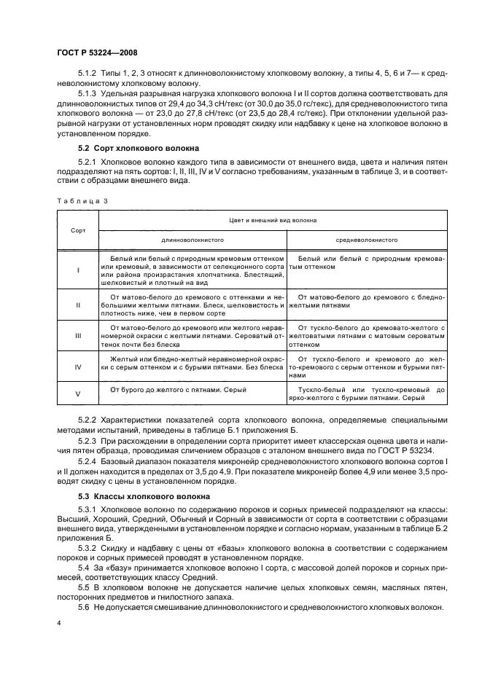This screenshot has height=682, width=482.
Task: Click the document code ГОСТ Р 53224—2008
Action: coord(96,52)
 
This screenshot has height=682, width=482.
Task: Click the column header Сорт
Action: coord(77,230)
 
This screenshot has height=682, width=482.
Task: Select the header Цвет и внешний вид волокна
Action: coord(272,219)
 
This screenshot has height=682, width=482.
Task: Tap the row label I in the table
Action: coord(77,270)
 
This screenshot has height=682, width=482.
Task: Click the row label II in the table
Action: coord(77,305)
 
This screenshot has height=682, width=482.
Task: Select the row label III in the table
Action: coord(77,337)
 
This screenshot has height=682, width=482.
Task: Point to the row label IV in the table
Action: coord(77,368)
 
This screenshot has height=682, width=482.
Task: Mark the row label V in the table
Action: coord(77,393)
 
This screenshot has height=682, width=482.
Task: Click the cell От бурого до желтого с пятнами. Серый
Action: coord(179,390)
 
